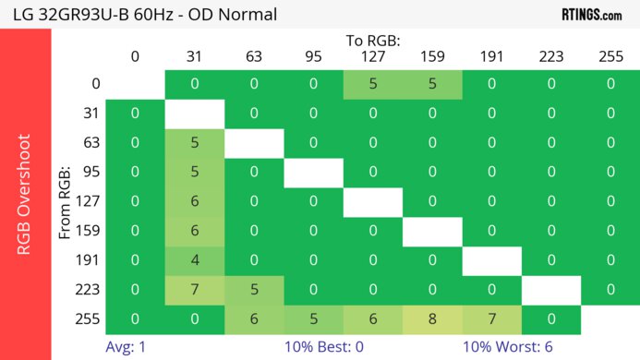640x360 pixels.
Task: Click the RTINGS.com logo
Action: pyautogui.click(x=591, y=14)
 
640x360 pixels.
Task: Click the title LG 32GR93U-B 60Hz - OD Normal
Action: pyautogui.click(x=144, y=15)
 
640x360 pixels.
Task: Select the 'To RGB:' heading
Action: pyautogui.click(x=372, y=42)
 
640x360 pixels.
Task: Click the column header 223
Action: pyautogui.click(x=550, y=57)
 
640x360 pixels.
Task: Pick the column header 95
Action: pyautogui.click(x=313, y=57)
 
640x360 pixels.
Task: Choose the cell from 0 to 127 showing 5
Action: pyautogui.click(x=372, y=84)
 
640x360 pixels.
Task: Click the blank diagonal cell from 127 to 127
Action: pyautogui.click(x=372, y=202)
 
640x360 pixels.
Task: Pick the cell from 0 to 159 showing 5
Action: pyautogui.click(x=432, y=84)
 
